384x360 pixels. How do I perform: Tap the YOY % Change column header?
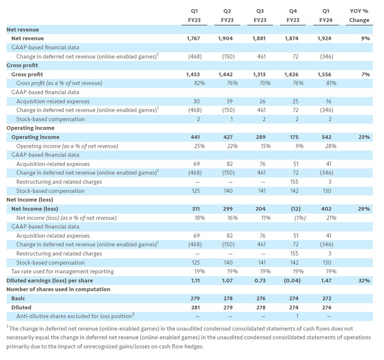(x=359, y=15)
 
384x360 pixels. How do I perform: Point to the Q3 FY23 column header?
(x=260, y=15)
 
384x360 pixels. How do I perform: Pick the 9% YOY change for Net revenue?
(x=365, y=39)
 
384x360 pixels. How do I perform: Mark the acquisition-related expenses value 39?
(x=229, y=101)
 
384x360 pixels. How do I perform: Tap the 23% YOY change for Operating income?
(x=364, y=137)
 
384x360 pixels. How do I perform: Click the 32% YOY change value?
(x=364, y=280)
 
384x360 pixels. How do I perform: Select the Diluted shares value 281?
(x=196, y=307)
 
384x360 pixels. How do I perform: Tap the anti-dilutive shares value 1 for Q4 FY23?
(x=295, y=316)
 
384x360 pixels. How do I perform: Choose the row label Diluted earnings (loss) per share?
(x=49, y=280)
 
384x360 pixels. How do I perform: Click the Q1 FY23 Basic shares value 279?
(x=196, y=298)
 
